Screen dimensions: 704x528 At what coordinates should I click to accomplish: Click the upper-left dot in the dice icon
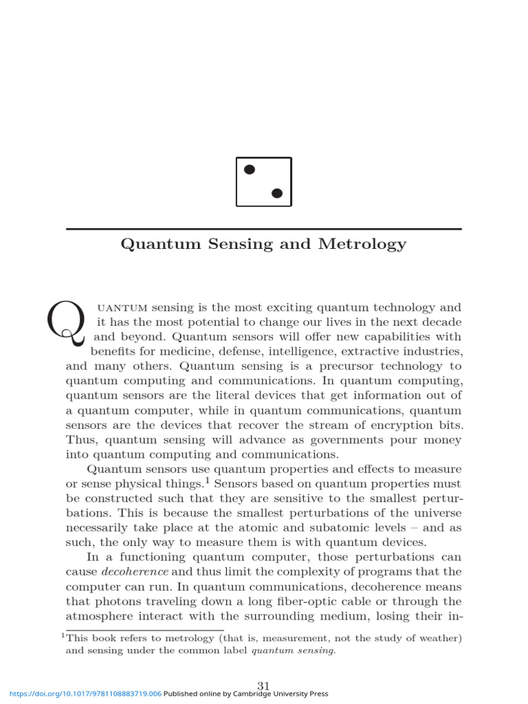pos(250,169)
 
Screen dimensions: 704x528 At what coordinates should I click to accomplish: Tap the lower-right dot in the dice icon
pos(277,193)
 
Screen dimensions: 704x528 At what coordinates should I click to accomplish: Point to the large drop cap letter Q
pos(66,323)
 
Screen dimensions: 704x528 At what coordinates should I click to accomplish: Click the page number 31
pos(264,685)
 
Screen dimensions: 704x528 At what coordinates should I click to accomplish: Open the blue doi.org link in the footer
pos(81,694)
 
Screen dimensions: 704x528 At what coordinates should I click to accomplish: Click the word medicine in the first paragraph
pos(192,351)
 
